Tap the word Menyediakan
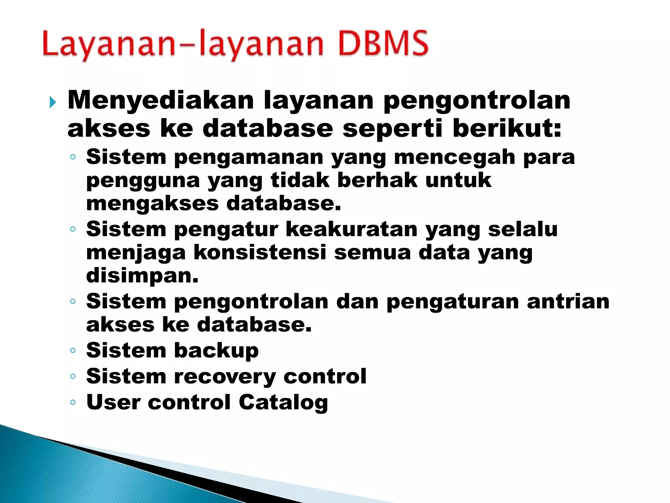(x=161, y=100)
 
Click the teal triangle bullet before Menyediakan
(x=53, y=102)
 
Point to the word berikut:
(x=507, y=128)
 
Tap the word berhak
(x=377, y=180)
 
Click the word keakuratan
(x=352, y=229)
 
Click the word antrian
(x=568, y=301)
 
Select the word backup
(x=216, y=351)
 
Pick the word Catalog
(x=283, y=402)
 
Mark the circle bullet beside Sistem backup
(x=73, y=351)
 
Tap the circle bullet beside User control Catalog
(x=73, y=402)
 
